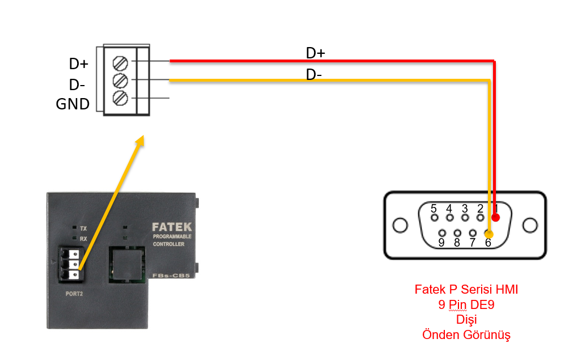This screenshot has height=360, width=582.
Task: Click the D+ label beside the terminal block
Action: [x=78, y=63]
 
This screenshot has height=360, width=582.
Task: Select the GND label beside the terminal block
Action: [x=73, y=104]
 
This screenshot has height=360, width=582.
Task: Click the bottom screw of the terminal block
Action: [x=120, y=98]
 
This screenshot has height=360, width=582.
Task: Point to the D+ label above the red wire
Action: [x=316, y=53]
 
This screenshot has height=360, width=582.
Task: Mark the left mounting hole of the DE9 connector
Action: [x=401, y=225]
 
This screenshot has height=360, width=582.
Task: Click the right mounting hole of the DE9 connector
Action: [x=530, y=225]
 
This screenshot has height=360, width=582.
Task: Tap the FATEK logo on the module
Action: [x=172, y=227]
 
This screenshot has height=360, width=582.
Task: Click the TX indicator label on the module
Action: [x=83, y=228]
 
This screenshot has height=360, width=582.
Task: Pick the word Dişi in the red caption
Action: [x=466, y=320]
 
